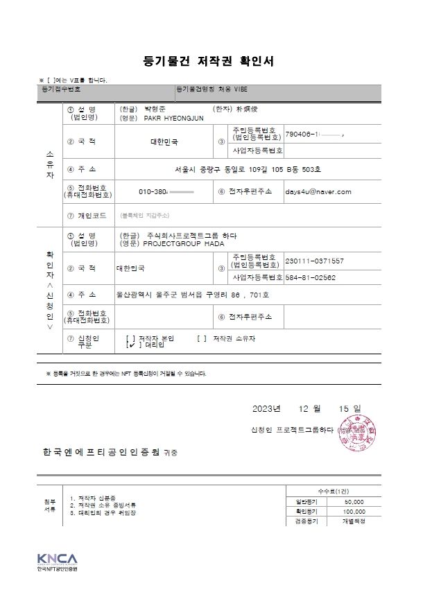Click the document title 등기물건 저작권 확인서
click(x=209, y=61)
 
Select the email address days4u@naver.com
click(x=319, y=191)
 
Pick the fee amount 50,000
click(x=354, y=501)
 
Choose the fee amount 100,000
click(x=354, y=511)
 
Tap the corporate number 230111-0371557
click(x=314, y=261)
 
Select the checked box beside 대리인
click(x=131, y=344)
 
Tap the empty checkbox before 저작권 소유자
click(x=202, y=338)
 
